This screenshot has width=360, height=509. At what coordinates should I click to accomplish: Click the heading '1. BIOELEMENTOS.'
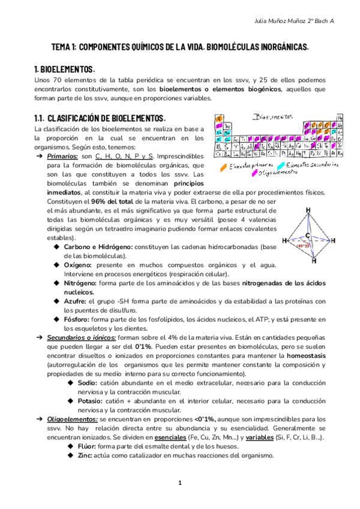[65, 69]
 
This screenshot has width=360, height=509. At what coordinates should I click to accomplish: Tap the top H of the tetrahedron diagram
[308, 209]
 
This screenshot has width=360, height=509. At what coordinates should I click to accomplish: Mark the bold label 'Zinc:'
[86, 454]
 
